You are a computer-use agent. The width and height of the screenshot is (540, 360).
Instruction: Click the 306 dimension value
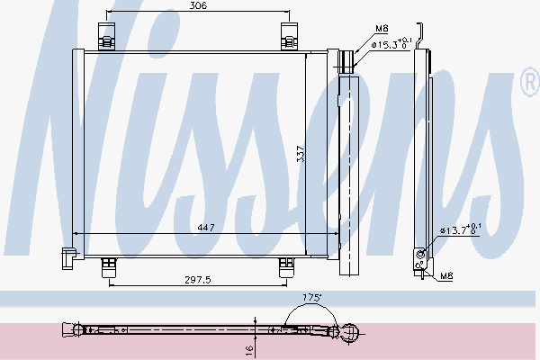click(198, 5)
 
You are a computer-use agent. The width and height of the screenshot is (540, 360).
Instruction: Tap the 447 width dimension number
click(206, 228)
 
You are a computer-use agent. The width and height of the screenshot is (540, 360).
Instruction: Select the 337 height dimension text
click(301, 154)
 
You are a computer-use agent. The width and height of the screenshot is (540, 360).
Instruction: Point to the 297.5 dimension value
click(198, 280)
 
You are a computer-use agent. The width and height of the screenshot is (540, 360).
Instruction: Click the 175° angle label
click(311, 298)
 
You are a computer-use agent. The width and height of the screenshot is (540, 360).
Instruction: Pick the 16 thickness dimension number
click(249, 350)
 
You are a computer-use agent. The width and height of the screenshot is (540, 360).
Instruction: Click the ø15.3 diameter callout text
click(391, 44)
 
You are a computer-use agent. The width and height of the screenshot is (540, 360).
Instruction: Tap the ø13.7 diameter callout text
click(461, 229)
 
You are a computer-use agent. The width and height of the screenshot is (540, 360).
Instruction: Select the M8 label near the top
click(382, 28)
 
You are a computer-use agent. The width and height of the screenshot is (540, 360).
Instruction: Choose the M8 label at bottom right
click(446, 275)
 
